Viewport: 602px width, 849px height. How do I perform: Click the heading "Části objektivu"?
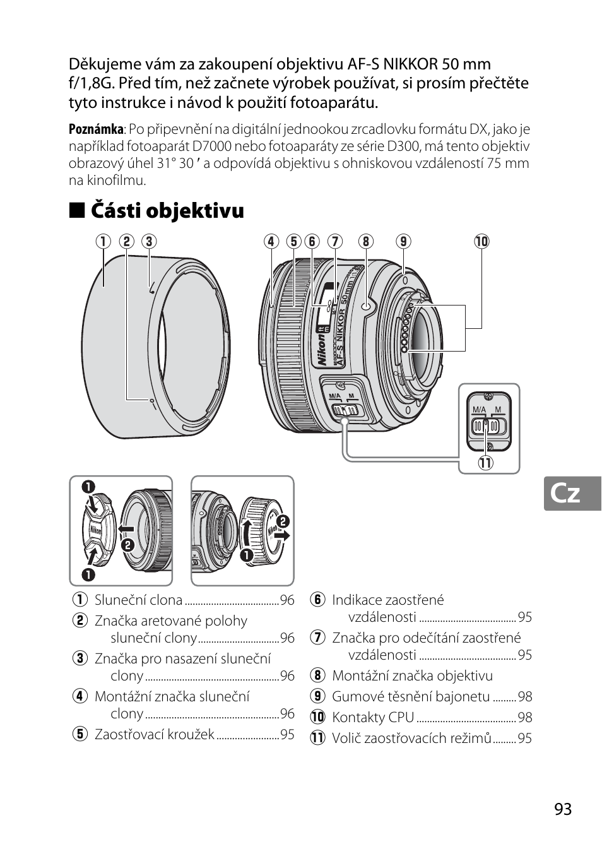pos(167,210)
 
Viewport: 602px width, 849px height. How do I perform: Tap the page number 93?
pos(563,809)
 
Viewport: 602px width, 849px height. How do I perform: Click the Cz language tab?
pos(565,494)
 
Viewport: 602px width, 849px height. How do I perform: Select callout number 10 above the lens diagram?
pos(481,241)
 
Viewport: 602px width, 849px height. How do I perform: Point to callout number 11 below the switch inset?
pos(485,463)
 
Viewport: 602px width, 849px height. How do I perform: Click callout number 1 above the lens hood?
pos(103,241)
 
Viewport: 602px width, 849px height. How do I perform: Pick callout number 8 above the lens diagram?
pos(365,241)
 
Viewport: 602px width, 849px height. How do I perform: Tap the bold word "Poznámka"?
pos(96,129)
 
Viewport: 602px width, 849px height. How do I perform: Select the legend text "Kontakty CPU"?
pos(373,718)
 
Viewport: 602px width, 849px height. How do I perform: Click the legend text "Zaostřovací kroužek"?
pos(154,735)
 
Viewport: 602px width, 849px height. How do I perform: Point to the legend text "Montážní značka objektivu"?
pos(412,676)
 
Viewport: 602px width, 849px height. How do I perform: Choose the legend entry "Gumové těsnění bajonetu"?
pos(411,697)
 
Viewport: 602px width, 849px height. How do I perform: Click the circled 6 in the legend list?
pos(317,600)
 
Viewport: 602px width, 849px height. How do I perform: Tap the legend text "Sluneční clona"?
pos(138,600)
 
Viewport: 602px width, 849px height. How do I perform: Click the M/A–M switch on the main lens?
pos(345,410)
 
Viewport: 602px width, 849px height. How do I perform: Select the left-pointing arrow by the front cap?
pos(126,529)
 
